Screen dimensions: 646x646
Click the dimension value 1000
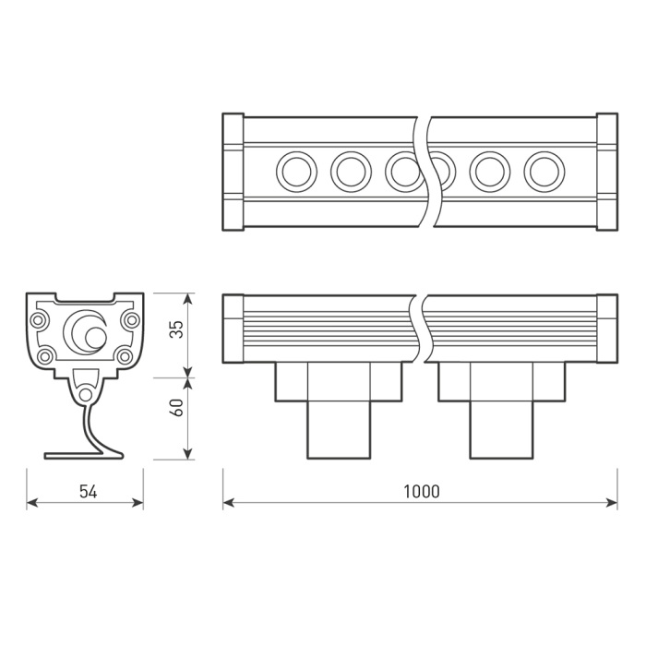point(421,491)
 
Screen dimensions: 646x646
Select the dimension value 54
point(88,491)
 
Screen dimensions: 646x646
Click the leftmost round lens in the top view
point(296,171)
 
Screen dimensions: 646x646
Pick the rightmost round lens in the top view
point(544,171)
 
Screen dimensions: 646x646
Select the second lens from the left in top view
point(351,171)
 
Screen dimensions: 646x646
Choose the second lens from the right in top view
point(489,171)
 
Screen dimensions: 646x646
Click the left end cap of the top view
point(233,172)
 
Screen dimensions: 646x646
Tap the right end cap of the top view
point(606,172)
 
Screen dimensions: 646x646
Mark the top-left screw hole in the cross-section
point(39,320)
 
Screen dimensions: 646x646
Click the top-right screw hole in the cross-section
point(131,320)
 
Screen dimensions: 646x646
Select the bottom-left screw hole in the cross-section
point(44,355)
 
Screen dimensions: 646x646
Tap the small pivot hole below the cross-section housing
point(85,394)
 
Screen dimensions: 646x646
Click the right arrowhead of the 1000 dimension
point(613,503)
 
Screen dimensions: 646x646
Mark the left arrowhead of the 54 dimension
point(30,503)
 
